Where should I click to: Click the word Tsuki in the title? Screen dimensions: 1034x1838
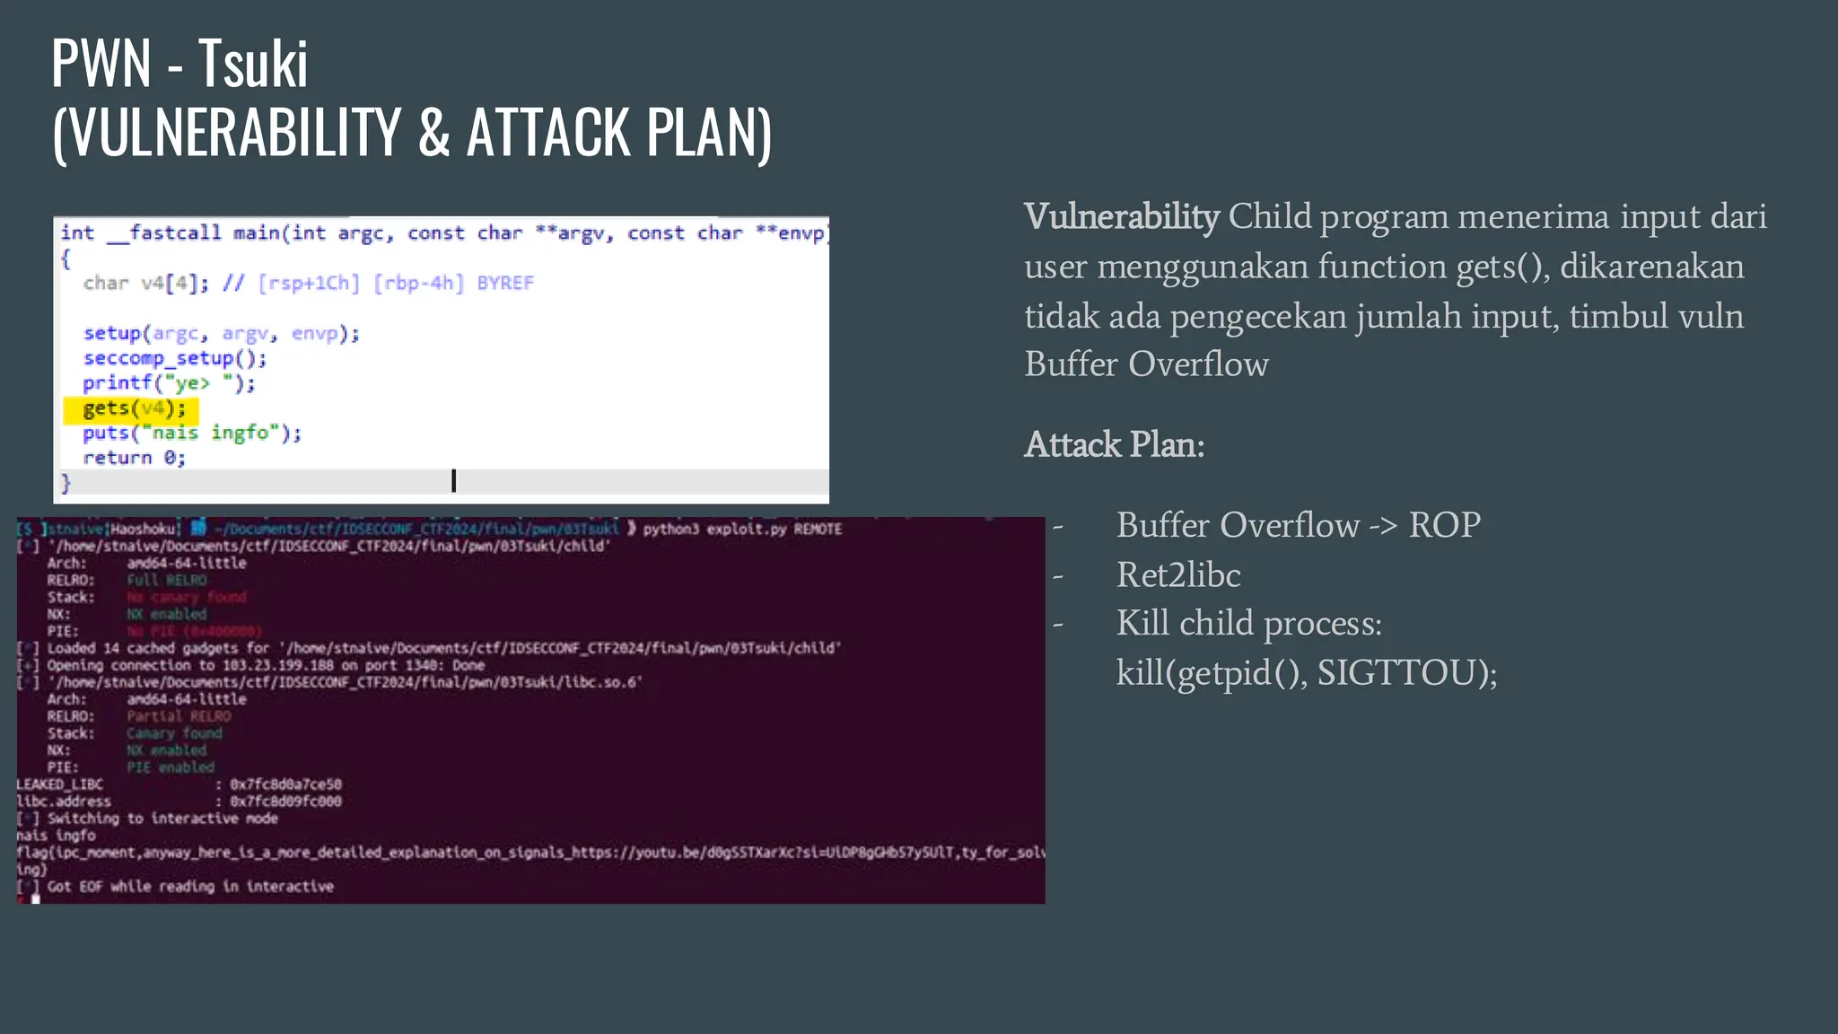click(253, 65)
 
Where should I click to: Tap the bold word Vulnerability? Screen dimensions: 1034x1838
click(1121, 217)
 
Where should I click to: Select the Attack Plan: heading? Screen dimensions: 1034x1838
click(1114, 445)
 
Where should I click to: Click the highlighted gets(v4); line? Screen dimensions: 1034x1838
click(134, 409)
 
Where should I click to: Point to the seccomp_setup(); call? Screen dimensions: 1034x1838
click(175, 358)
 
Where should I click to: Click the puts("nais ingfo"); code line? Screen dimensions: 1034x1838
click(191, 434)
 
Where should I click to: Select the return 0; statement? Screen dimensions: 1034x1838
click(134, 458)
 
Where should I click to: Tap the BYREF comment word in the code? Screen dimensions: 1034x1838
click(504, 284)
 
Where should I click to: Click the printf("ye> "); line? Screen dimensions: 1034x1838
click(169, 383)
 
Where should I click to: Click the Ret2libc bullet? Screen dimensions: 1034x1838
click(1177, 575)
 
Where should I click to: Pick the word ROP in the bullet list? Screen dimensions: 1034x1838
click(1444, 526)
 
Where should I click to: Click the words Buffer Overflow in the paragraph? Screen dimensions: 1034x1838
click(1146, 364)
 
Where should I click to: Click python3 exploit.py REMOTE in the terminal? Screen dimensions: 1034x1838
click(742, 529)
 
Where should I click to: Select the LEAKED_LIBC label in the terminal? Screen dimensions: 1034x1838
click(60, 784)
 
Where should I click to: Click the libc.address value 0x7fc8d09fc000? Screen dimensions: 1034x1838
click(285, 802)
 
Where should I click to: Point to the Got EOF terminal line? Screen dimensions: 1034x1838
click(189, 887)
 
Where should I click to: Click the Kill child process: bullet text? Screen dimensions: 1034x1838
click(1248, 624)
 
